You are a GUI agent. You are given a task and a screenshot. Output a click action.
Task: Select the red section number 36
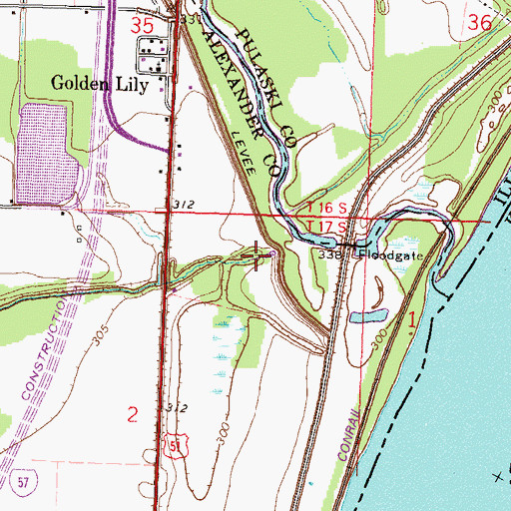click(479, 22)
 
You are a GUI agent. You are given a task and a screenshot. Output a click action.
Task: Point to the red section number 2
click(132, 412)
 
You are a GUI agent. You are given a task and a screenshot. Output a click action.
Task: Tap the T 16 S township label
click(325, 206)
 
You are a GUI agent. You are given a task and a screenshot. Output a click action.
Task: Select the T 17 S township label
click(325, 228)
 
